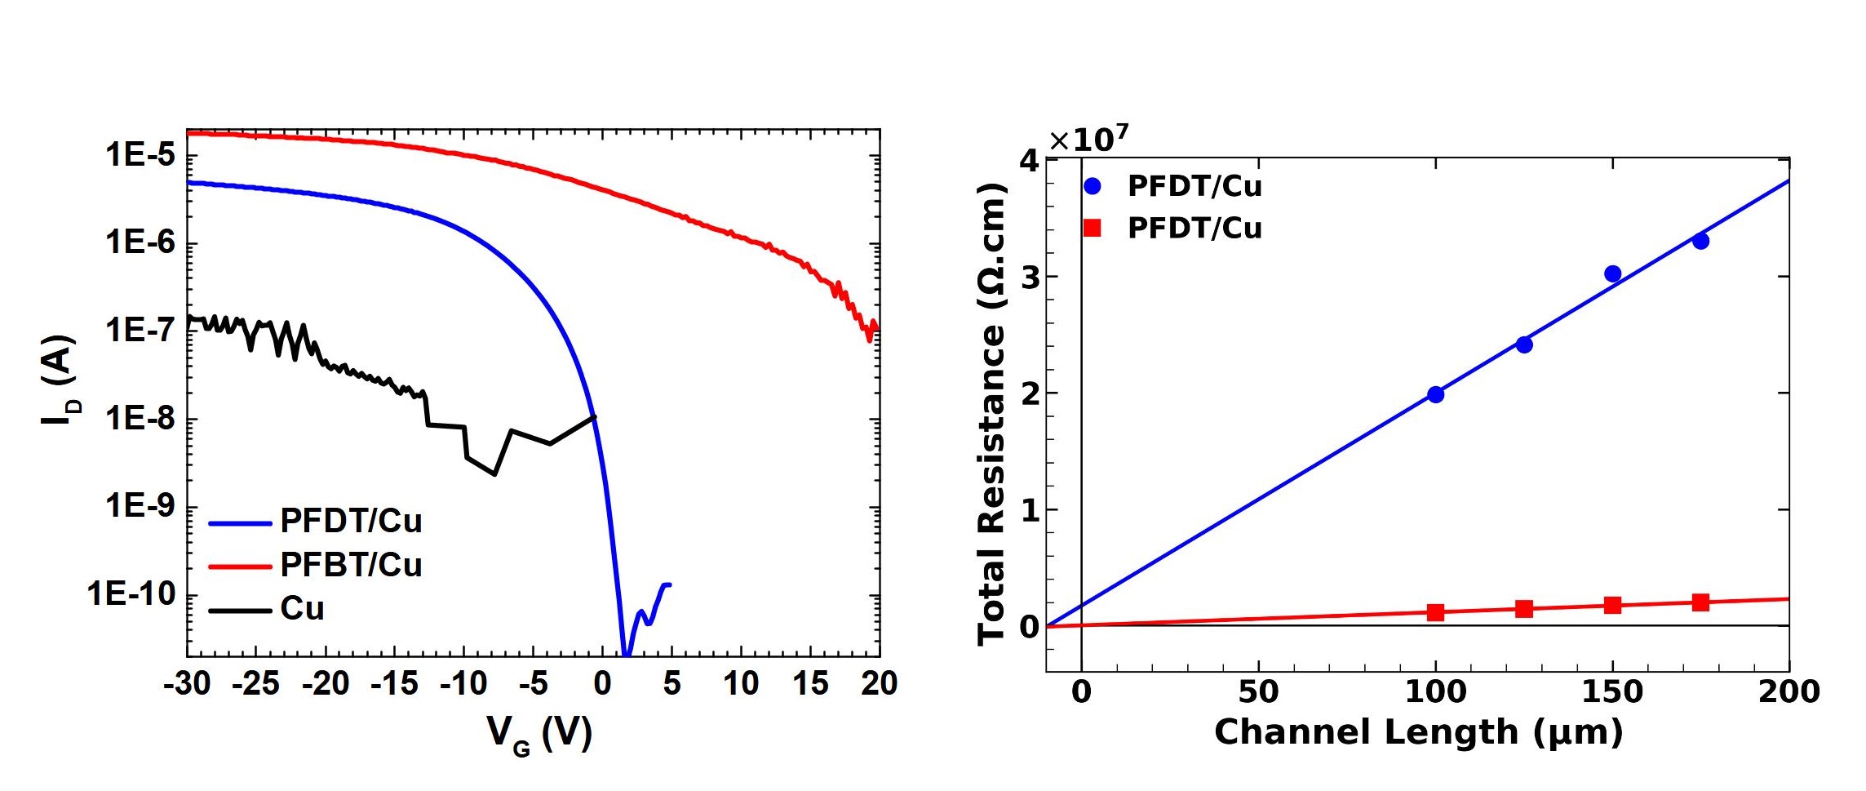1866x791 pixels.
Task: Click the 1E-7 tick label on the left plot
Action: tap(140, 331)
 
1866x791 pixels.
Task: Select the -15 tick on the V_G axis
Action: tap(394, 684)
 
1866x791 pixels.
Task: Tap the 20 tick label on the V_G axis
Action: tap(879, 684)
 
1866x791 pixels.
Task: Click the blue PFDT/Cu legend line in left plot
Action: tap(240, 523)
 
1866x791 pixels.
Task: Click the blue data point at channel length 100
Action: tap(1436, 395)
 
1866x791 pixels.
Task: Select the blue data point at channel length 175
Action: tap(1700, 241)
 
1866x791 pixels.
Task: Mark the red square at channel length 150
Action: tap(1612, 605)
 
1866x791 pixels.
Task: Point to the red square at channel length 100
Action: tap(1436, 612)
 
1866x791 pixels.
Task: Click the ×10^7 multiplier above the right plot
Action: tap(1088, 140)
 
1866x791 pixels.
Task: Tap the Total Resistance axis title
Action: tap(991, 414)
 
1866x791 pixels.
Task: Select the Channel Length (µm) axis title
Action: tap(1418, 732)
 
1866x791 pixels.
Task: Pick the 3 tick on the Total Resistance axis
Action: tap(1030, 277)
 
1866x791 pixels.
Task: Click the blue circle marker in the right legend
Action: tap(1092, 186)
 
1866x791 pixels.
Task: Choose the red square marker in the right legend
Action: tap(1092, 229)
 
